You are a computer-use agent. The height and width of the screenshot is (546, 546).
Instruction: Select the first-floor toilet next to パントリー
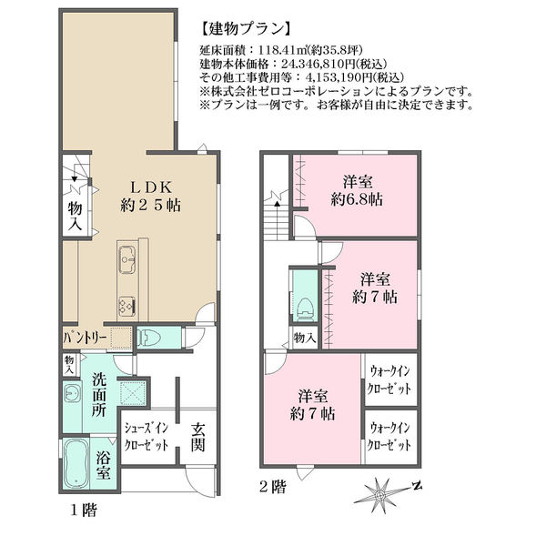pyautogui.click(x=149, y=338)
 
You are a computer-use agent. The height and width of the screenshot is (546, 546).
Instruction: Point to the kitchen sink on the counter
pyautogui.click(x=127, y=259)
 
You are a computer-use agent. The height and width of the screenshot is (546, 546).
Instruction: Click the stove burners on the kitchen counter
pyautogui.click(x=127, y=307)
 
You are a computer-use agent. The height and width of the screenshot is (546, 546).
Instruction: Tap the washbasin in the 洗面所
pyautogui.click(x=73, y=393)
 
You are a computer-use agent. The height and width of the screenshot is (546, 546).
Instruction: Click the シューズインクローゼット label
pyautogui.click(x=147, y=436)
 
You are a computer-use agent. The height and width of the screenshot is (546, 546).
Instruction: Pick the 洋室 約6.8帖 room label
pyautogui.click(x=358, y=191)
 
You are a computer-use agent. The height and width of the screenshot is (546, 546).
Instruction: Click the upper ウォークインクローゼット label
pyautogui.click(x=389, y=379)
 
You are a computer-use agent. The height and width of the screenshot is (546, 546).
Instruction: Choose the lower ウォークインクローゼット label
pyautogui.click(x=389, y=436)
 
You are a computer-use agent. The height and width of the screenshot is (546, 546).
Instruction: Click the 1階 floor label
pyautogui.click(x=84, y=511)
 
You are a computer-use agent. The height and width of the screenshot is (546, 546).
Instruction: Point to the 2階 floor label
pyautogui.click(x=273, y=487)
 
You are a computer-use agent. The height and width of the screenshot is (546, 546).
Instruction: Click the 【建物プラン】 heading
pyautogui.click(x=246, y=29)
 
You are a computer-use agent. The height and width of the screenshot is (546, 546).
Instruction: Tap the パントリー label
pyautogui.click(x=85, y=338)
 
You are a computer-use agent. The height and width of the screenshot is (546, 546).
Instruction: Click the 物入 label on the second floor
pyautogui.click(x=305, y=338)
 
